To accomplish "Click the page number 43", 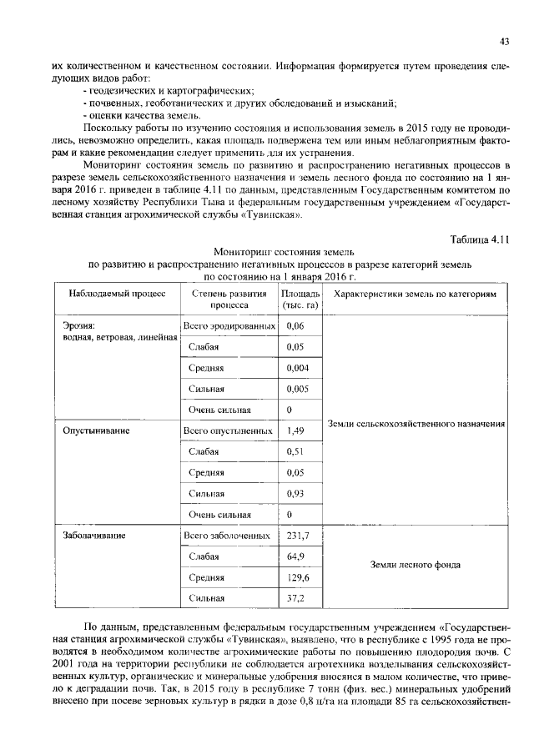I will coord(504,41).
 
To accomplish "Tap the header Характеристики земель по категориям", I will coord(415,294).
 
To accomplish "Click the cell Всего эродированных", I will coord(228,325).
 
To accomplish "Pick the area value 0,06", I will coord(295,325).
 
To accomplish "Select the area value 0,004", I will coord(297,367).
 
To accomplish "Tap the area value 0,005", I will coord(297,388).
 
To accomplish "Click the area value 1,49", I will coord(295,430).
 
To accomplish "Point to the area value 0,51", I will coord(295,451).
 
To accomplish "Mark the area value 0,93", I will coord(295,493).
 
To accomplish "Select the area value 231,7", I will coord(297,535).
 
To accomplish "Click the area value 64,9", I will coord(295,556).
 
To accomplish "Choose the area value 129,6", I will coord(297,577).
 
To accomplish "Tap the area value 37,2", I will coord(295,598).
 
